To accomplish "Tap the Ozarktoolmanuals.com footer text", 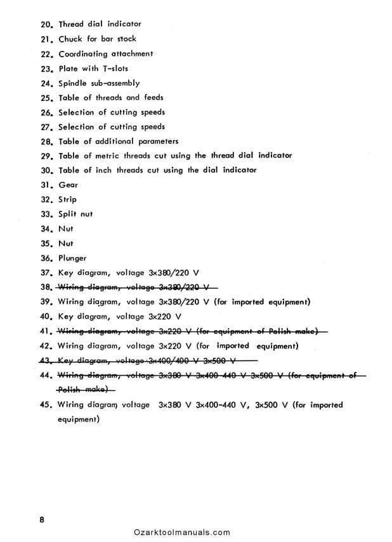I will (182, 532).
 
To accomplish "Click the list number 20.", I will (48, 24).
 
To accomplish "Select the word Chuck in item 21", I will (70, 39).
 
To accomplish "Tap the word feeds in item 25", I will (152, 98).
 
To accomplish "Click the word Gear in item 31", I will (68, 185).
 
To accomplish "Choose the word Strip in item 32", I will (67, 200).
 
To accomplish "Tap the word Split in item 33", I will (68, 215).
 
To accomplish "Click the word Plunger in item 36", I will (72, 258).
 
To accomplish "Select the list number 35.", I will (46, 244).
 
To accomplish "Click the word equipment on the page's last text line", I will (78, 419).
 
